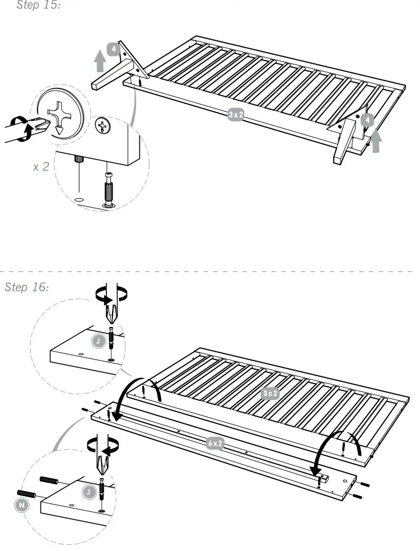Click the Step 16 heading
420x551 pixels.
[x=26, y=287]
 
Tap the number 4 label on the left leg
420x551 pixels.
[x=114, y=49]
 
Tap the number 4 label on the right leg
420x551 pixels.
[x=367, y=120]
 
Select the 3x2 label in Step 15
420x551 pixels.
[x=236, y=115]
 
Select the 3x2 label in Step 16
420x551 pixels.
[x=270, y=393]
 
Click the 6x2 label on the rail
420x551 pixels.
[x=216, y=443]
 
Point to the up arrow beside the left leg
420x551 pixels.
[x=100, y=60]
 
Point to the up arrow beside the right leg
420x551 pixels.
[x=376, y=141]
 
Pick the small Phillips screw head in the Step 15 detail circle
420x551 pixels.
[x=102, y=126]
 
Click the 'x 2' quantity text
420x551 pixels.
[x=41, y=166]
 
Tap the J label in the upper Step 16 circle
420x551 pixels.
[x=98, y=340]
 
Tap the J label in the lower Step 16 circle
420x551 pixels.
[x=88, y=492]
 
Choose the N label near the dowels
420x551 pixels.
[x=21, y=505]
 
